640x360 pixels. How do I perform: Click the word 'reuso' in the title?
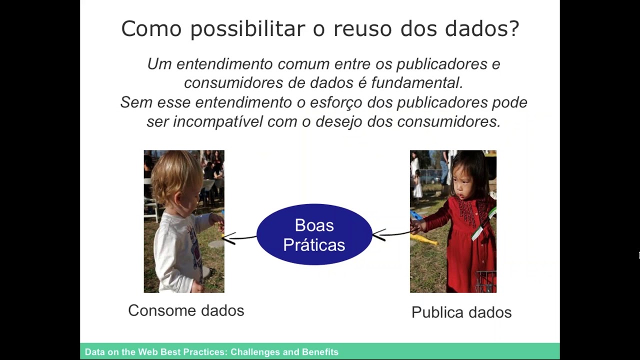[x=362, y=28]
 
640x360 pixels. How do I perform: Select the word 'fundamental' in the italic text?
[x=417, y=83]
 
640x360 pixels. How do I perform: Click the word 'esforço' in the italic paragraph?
[x=336, y=102]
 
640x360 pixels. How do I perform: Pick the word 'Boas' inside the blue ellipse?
[x=314, y=225]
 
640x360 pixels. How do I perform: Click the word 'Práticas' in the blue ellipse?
[x=314, y=245]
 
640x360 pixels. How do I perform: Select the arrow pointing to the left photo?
[x=239, y=237]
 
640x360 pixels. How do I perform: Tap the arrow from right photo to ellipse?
[x=395, y=234]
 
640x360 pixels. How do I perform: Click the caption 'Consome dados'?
[x=186, y=310]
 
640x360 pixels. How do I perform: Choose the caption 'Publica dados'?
[x=461, y=312]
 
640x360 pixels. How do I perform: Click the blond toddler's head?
[x=177, y=176]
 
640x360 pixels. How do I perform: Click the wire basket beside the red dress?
[x=485, y=282]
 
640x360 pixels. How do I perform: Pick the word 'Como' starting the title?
[x=151, y=28]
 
